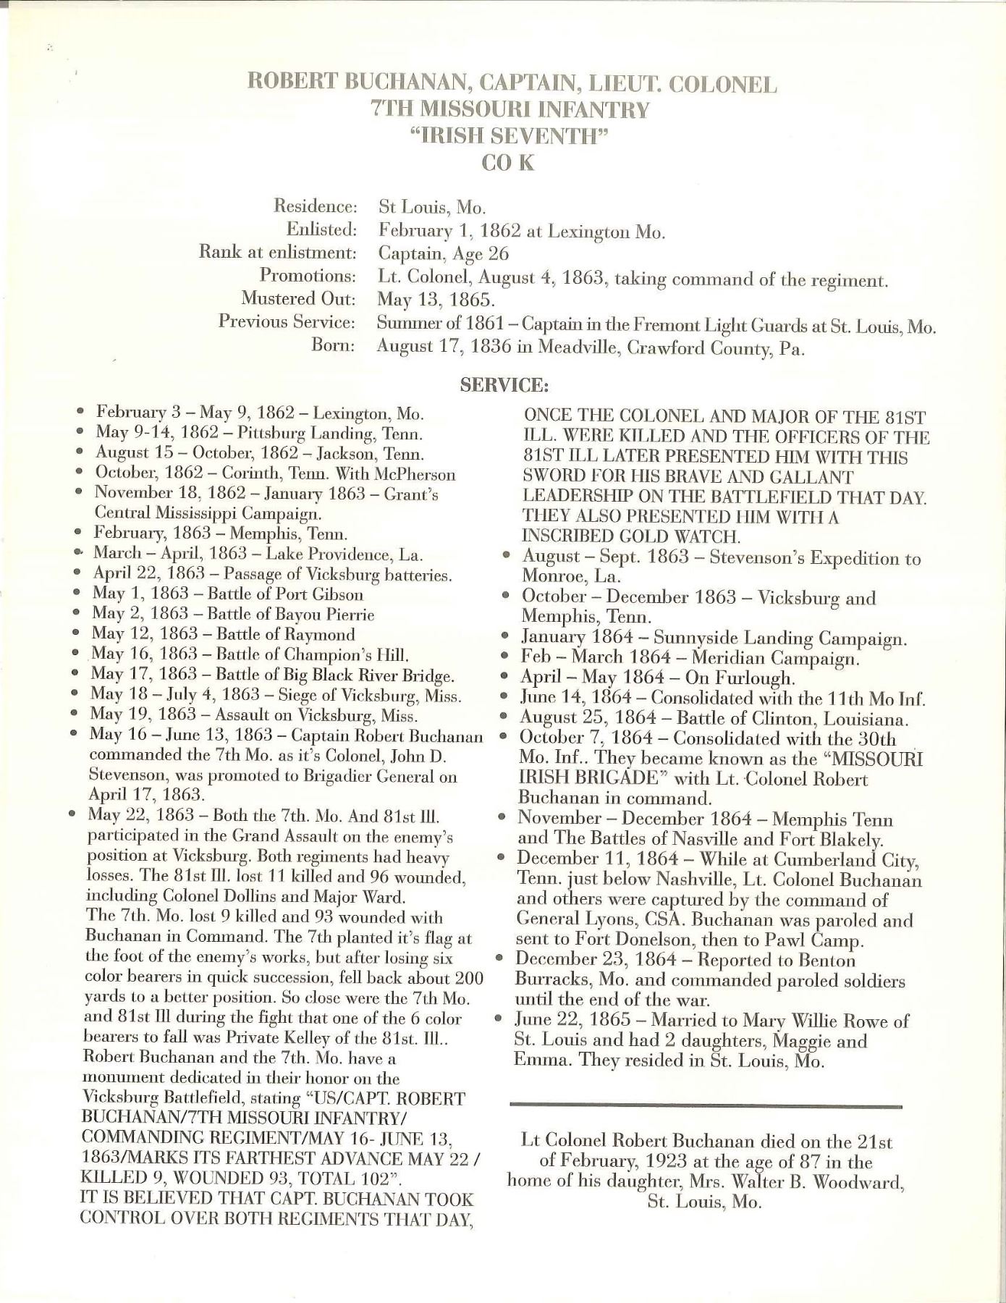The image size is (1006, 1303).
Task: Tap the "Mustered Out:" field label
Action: pyautogui.click(x=298, y=298)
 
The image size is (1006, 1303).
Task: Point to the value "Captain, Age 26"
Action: pyautogui.click(x=444, y=253)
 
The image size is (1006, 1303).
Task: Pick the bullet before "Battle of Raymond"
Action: pyautogui.click(x=76, y=633)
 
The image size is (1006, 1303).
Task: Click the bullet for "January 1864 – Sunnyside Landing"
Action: pyautogui.click(x=507, y=638)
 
